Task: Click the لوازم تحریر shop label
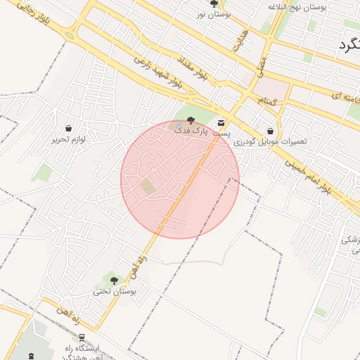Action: pyautogui.click(x=68, y=139)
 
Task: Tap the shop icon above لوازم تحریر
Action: pyautogui.click(x=68, y=129)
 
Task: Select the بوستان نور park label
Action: pyautogui.click(x=214, y=14)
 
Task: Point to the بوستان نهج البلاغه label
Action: pyautogui.click(x=298, y=6)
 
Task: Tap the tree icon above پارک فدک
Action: pyautogui.click(x=192, y=121)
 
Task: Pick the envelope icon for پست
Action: pyautogui.click(x=222, y=123)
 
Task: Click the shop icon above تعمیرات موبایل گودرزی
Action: pyautogui.click(x=271, y=130)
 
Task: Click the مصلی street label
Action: pyautogui.click(x=260, y=67)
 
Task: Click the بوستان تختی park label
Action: pyautogui.click(x=114, y=291)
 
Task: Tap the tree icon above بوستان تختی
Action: pyautogui.click(x=114, y=281)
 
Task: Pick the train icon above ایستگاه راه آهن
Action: pyautogui.click(x=82, y=337)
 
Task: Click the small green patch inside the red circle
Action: pyautogui.click(x=147, y=186)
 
